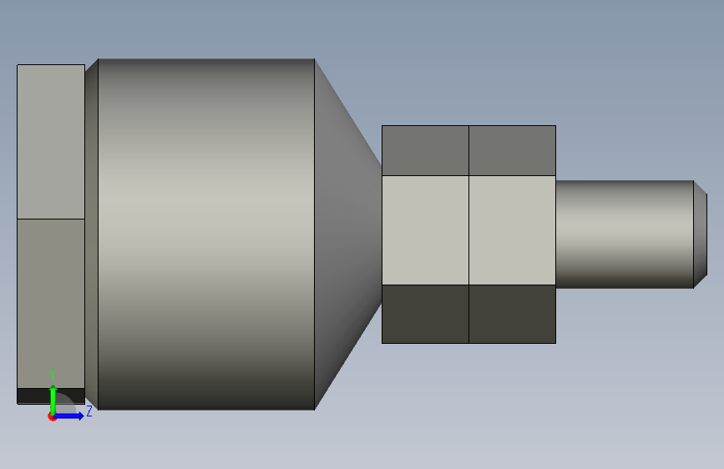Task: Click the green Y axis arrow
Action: (x=53, y=400)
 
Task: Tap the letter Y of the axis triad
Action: (x=53, y=376)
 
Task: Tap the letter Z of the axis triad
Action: (x=89, y=411)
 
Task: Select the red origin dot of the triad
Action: (x=52, y=416)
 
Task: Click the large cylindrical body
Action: (x=206, y=234)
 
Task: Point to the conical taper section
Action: (x=348, y=234)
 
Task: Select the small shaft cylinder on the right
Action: (x=625, y=234)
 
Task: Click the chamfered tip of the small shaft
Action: (x=701, y=234)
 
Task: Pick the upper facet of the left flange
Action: (x=51, y=142)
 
